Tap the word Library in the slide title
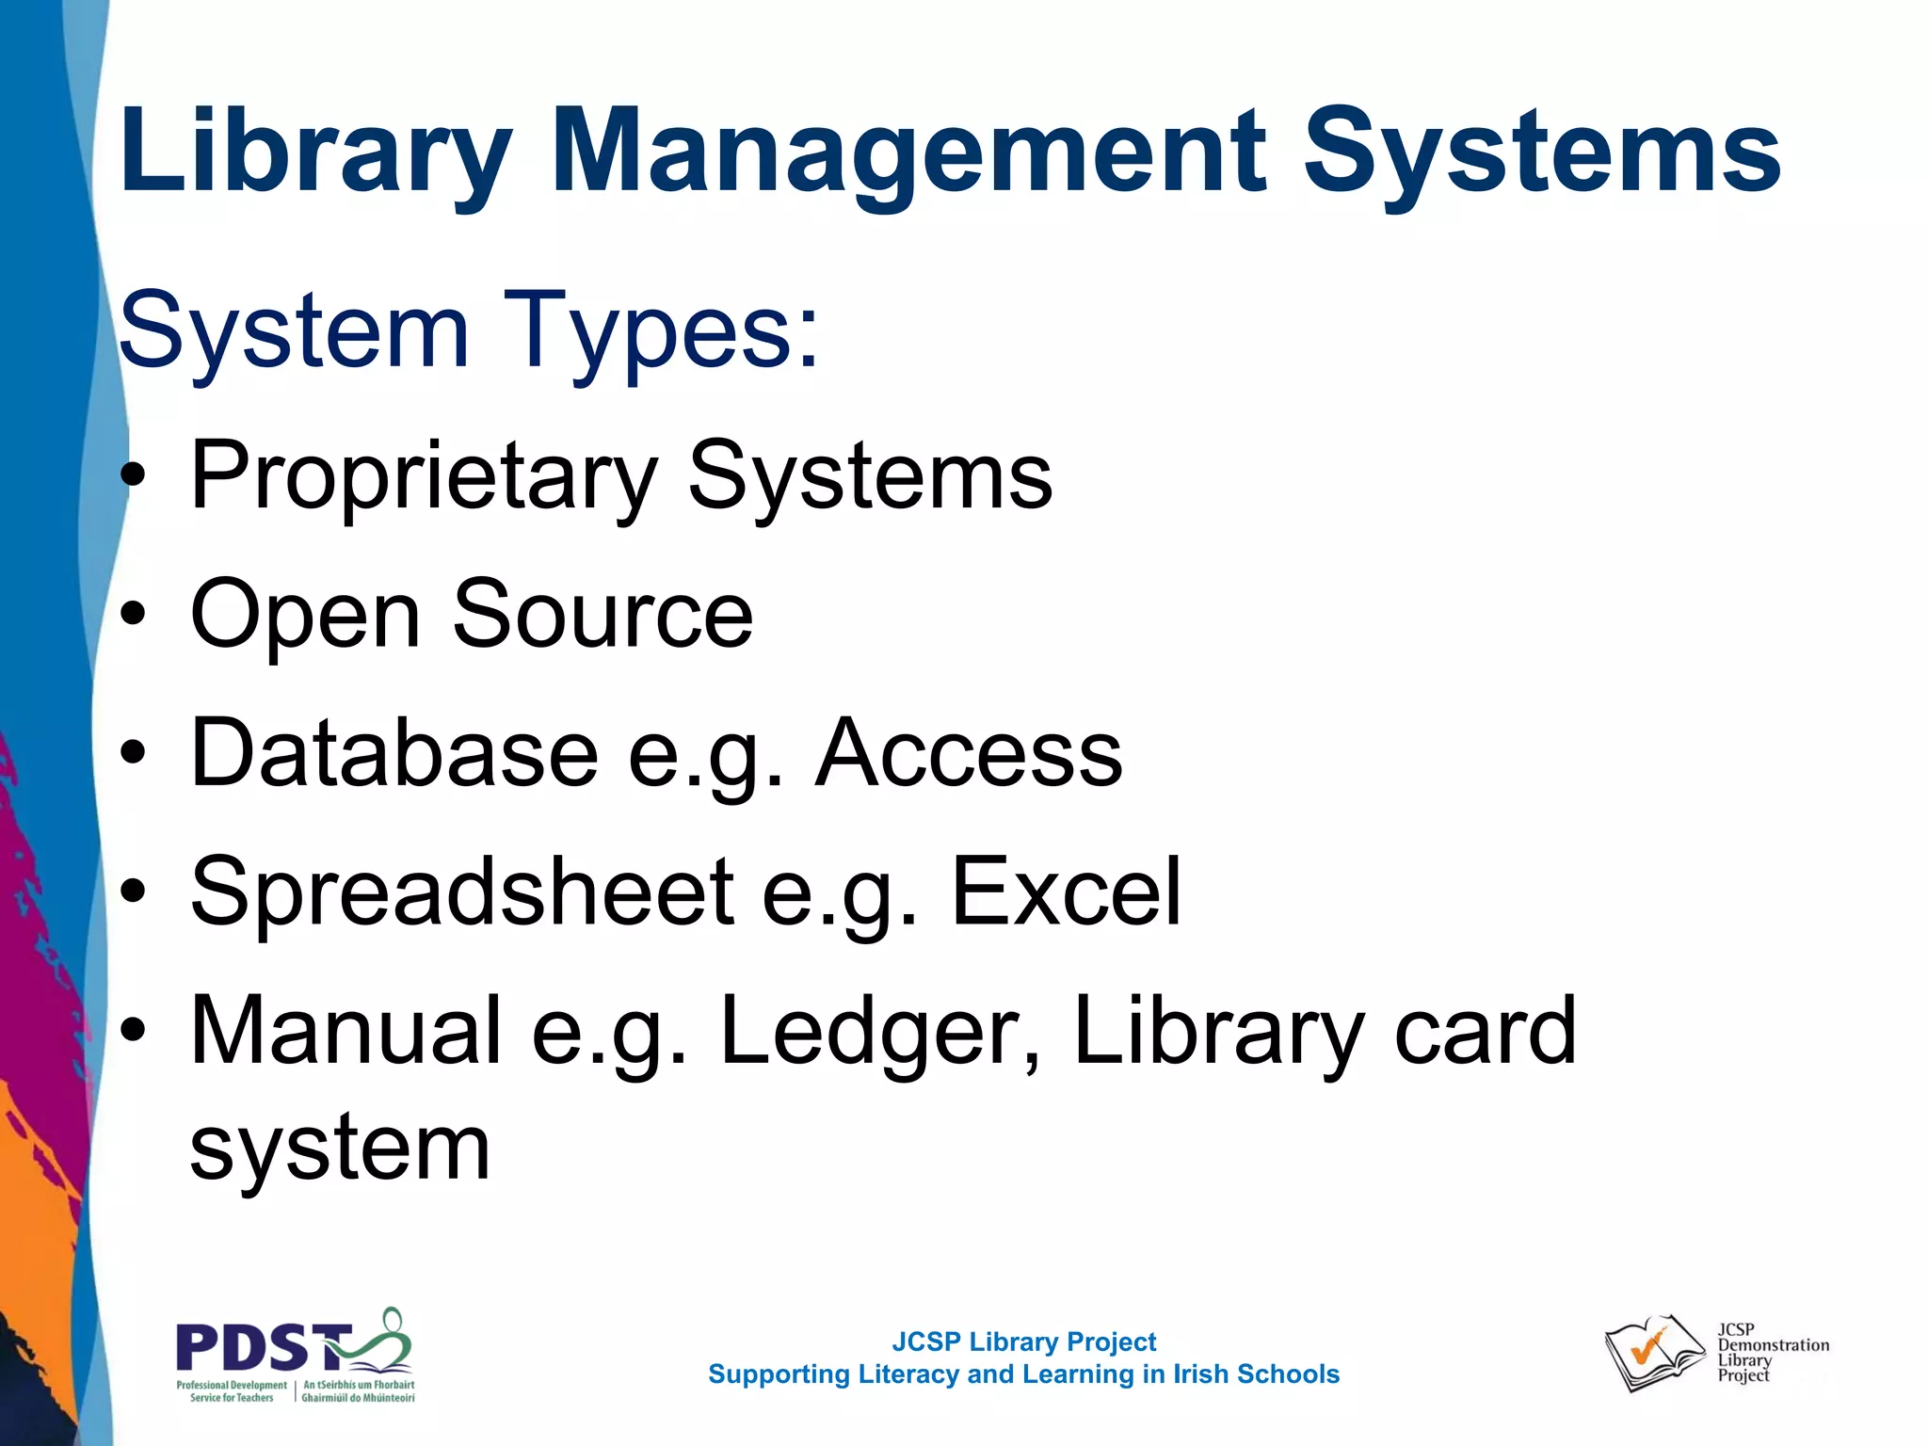316,153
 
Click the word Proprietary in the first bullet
423,476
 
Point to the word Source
603,615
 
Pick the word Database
394,753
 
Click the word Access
969,753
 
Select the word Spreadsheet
462,892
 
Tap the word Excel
1066,892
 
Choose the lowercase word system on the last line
340,1149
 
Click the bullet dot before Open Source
134,615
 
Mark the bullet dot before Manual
134,1031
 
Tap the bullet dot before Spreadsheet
134,892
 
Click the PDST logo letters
264,1347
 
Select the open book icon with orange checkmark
1653,1353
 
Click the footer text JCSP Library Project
1023,1342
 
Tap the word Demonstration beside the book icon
1774,1345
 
